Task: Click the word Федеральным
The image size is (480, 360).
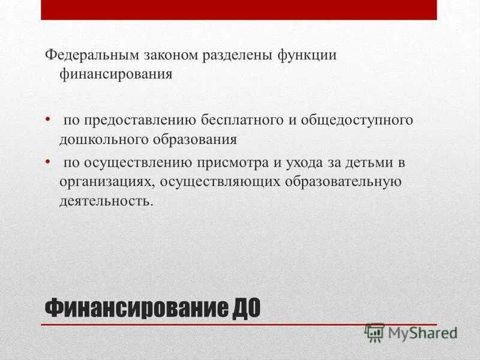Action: pyautogui.click(x=91, y=56)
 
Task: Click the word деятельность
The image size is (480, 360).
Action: pyautogui.click(x=106, y=200)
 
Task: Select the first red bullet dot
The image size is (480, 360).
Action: pyautogui.click(x=49, y=119)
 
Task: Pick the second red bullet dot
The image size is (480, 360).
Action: pyautogui.click(x=49, y=161)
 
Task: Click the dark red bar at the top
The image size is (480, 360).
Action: pyautogui.click(x=239, y=10)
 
